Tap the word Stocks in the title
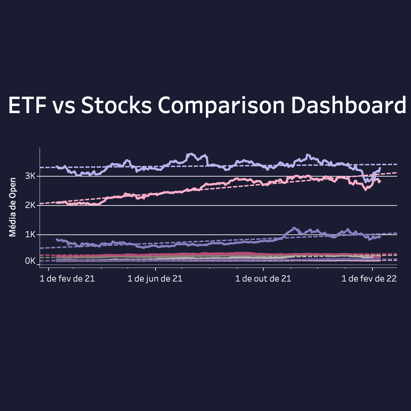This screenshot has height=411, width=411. pyautogui.click(x=116, y=105)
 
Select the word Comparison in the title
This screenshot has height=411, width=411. pyautogui.click(x=221, y=105)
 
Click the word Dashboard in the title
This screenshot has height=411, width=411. pyautogui.click(x=349, y=105)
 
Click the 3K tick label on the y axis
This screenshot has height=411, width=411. pyautogui.click(x=30, y=176)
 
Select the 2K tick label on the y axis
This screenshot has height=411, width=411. pyautogui.click(x=30, y=205)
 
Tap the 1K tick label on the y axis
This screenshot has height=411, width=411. pyautogui.click(x=30, y=235)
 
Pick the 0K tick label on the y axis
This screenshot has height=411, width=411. pyautogui.click(x=30, y=261)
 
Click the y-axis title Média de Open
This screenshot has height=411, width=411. pyautogui.click(x=13, y=207)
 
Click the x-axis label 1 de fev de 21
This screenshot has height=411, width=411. pyautogui.click(x=67, y=279)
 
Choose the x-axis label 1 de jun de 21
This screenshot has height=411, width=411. pyautogui.click(x=155, y=279)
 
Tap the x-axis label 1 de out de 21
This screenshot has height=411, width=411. pyautogui.click(x=263, y=279)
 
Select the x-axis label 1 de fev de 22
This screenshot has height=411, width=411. pyautogui.click(x=369, y=279)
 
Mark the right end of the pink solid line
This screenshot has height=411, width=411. pyautogui.click(x=380, y=181)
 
